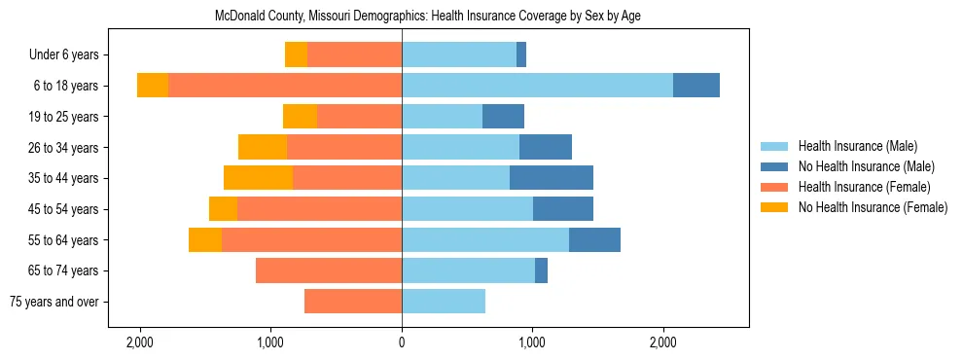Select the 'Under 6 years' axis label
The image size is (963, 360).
71,55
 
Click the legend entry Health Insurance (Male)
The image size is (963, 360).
857,146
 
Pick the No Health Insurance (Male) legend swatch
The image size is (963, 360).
774,166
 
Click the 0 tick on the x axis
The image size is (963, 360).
402,342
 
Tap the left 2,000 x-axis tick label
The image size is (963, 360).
140,342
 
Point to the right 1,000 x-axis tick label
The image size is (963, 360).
532,342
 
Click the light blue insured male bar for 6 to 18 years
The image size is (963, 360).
537,86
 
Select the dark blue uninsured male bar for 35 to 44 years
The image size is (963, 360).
552,178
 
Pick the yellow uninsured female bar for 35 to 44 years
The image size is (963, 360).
258,178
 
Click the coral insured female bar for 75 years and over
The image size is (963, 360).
353,302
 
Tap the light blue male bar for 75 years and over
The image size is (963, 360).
444,302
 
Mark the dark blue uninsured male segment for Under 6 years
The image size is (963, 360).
521,55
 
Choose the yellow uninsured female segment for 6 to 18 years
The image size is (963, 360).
153,86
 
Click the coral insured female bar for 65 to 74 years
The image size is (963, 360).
329,270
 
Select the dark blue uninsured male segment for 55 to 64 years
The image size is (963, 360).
594,239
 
